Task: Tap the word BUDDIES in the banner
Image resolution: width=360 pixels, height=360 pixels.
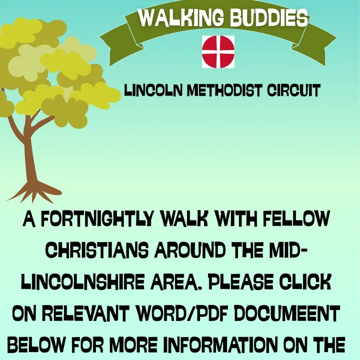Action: click(269, 18)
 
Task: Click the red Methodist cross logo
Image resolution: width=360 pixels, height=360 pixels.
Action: click(218, 51)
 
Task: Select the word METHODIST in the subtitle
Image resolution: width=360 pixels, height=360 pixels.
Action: click(224, 90)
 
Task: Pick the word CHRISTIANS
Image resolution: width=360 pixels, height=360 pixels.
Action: click(98, 250)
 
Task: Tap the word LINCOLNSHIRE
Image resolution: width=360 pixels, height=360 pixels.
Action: click(83, 281)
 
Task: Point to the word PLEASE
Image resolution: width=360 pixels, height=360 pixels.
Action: click(240, 281)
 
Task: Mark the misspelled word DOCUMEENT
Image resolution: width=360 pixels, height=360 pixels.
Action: click(286, 313)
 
